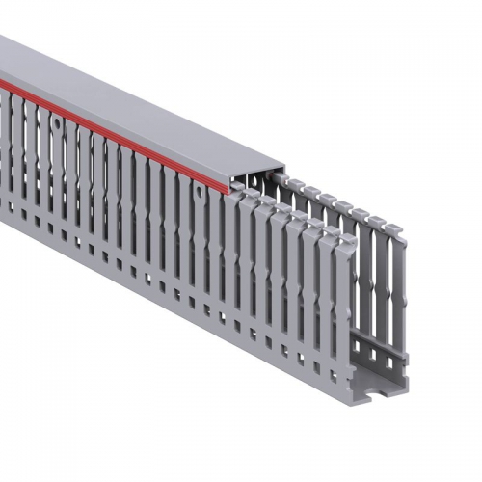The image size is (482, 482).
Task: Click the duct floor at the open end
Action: pos(376,381)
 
